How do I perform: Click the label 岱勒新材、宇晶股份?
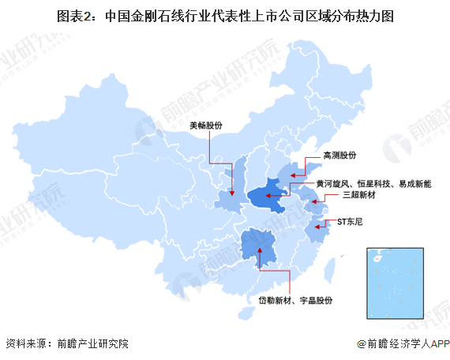pyautogui.click(x=296, y=301)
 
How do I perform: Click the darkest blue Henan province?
pyautogui.click(x=268, y=195)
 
